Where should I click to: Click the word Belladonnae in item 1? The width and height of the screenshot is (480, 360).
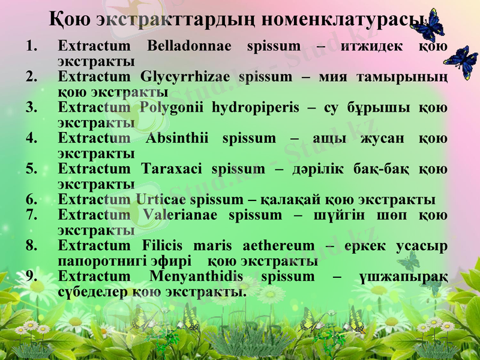coord(189,46)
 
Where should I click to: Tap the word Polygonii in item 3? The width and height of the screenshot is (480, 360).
coord(172,107)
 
